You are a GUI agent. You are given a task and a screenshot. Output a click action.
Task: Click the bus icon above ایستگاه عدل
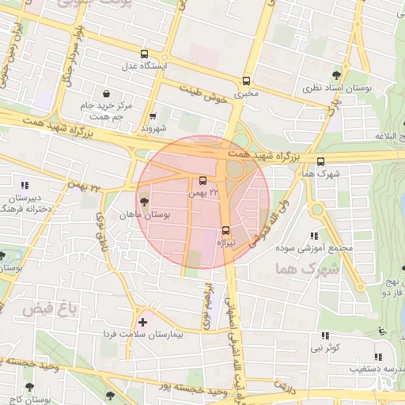click(143, 55)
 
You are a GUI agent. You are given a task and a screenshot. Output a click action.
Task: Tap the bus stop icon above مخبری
click(246, 81)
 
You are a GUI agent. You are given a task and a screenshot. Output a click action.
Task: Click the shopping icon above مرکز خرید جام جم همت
click(106, 93)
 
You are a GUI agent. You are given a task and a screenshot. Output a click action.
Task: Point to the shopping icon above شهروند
click(153, 115)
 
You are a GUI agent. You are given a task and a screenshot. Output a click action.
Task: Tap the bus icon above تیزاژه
click(226, 231)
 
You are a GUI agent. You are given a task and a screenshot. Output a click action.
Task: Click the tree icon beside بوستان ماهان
click(143, 202)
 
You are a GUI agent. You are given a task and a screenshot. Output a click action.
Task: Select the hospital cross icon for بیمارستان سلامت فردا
click(142, 322)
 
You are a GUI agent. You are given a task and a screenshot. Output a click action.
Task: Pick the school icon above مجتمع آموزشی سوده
click(315, 236)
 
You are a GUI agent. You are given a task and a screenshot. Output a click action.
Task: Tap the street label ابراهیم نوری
click(208, 305)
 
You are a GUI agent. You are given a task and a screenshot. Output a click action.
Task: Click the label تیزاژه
click(228, 243)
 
